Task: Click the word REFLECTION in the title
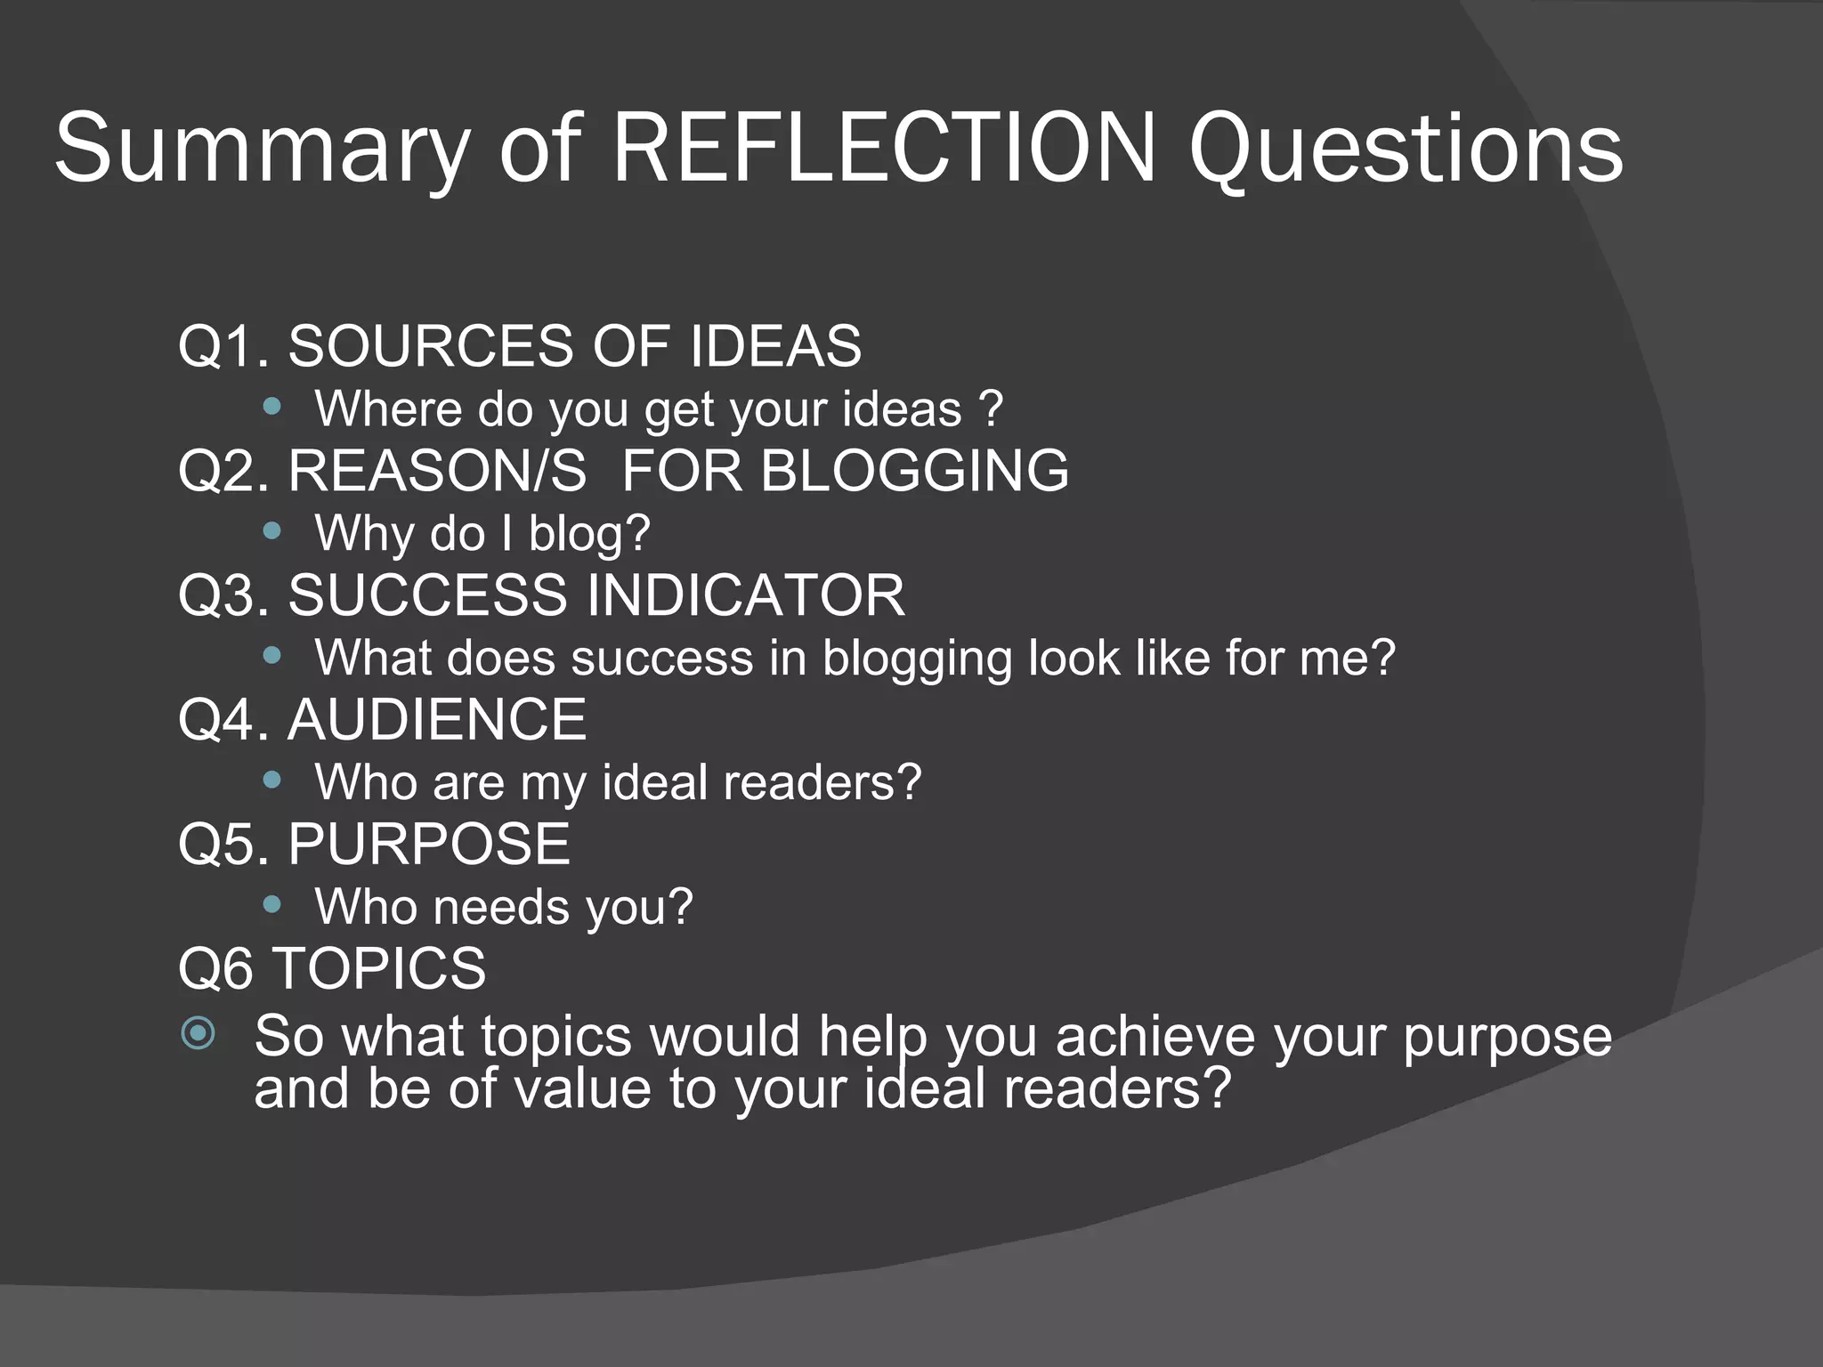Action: [x=885, y=148]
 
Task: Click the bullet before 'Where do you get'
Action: [x=272, y=408]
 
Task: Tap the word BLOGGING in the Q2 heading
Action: [x=914, y=471]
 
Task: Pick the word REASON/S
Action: [x=437, y=471]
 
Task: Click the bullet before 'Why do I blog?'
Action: [x=272, y=532]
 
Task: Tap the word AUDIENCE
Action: [x=437, y=720]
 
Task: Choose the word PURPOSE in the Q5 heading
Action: [x=428, y=845]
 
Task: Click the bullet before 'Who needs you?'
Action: [x=272, y=906]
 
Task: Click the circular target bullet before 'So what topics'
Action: [x=198, y=1034]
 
